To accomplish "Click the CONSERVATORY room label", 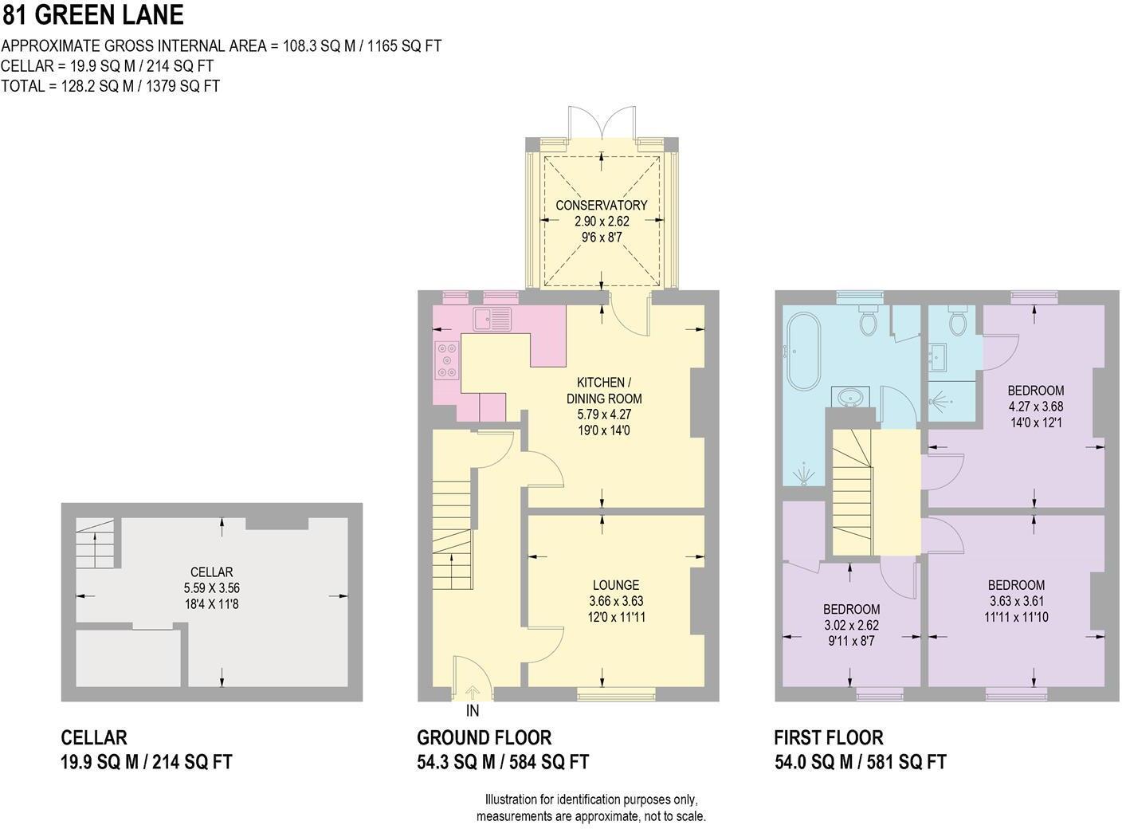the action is click(x=601, y=205).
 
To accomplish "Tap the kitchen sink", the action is click(x=492, y=319).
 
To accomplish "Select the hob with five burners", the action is click(x=447, y=359).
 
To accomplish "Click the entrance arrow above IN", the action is click(x=472, y=691).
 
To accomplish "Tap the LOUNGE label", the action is click(x=616, y=585).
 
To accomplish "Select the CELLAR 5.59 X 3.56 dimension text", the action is click(x=211, y=587).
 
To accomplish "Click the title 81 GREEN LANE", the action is click(x=93, y=14).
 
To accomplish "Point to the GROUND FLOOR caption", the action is click(x=484, y=737).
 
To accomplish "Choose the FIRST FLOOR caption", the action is click(x=829, y=737).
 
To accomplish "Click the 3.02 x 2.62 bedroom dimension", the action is click(x=851, y=624).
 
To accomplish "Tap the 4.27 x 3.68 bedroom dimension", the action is click(x=1035, y=407).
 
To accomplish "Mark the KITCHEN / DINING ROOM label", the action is click(x=604, y=391).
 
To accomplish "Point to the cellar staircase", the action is click(x=95, y=543).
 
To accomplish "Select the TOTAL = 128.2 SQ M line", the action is click(x=110, y=86).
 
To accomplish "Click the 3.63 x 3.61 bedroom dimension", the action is click(x=1016, y=601).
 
